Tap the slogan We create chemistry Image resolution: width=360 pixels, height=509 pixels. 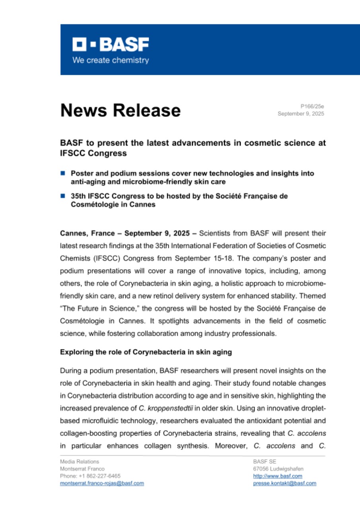[110, 60]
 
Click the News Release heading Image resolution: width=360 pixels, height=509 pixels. [120, 110]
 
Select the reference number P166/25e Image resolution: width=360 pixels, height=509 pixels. [312, 107]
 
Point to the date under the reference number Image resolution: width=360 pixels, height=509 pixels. [301, 114]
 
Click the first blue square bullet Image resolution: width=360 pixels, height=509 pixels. [63, 173]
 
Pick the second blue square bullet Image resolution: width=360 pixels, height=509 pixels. [63, 196]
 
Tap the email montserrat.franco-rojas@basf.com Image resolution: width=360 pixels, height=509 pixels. [102, 483]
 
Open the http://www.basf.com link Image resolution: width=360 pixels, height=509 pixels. [277, 476]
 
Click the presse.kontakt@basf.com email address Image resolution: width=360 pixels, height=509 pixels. [284, 483]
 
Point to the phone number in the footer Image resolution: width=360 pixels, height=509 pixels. [90, 476]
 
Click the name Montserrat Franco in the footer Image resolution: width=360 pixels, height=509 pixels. [82, 469]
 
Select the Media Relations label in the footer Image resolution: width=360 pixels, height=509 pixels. [79, 462]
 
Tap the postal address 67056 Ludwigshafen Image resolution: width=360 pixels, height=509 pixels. [278, 469]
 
